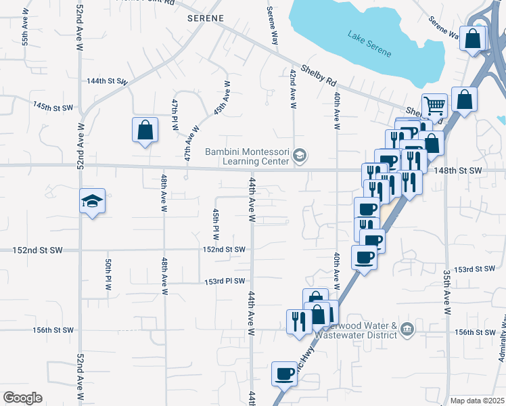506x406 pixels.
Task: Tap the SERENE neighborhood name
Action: pyautogui.click(x=206, y=18)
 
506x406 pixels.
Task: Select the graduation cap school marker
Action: pyautogui.click(x=92, y=202)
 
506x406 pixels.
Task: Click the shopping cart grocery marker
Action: pyautogui.click(x=435, y=106)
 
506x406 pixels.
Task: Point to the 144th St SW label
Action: pyautogui.click(x=107, y=81)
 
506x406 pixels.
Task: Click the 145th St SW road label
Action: pyautogui.click(x=53, y=106)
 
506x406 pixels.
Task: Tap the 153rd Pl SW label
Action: pyautogui.click(x=225, y=281)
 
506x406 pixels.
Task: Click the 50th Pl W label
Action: pyautogui.click(x=108, y=274)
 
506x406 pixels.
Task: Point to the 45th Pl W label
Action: pyautogui.click(x=216, y=224)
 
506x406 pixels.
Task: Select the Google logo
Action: pyautogui.click(x=22, y=398)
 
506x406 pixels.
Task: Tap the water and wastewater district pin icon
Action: pyautogui.click(x=407, y=330)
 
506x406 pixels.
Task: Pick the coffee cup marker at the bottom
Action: pyautogui.click(x=284, y=374)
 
